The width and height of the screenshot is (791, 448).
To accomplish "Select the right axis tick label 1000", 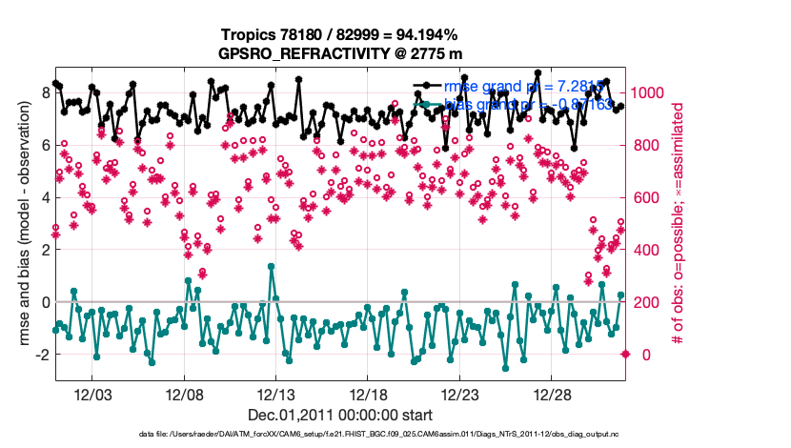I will click(649, 92).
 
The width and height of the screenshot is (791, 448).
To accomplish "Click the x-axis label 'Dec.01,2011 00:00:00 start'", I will click(339, 415).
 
